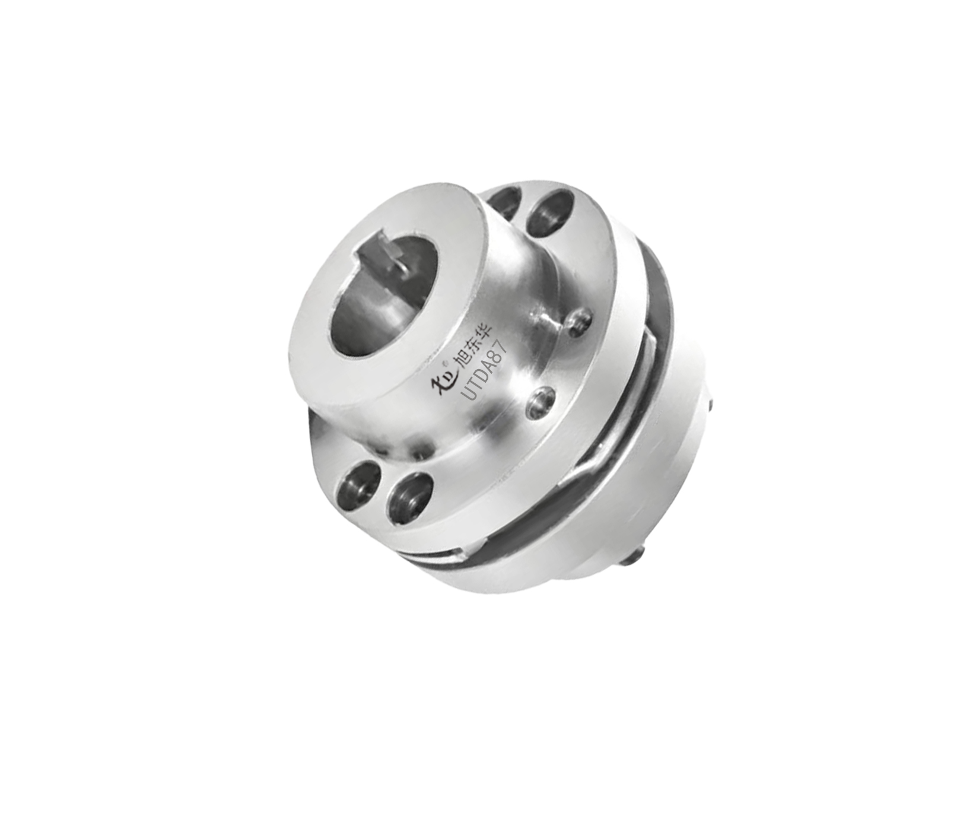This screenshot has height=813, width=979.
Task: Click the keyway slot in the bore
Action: coord(380,261)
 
